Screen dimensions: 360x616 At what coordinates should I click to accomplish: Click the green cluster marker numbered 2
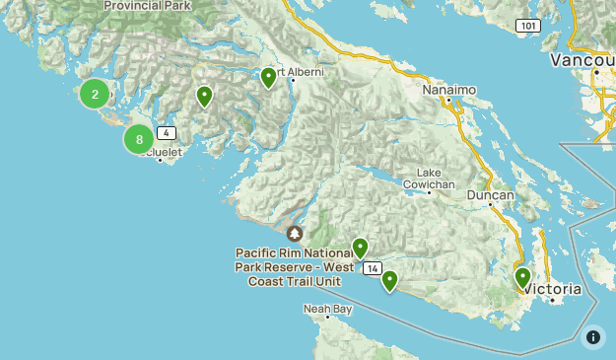point(95,94)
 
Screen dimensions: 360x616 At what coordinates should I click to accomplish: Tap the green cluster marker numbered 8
point(139,139)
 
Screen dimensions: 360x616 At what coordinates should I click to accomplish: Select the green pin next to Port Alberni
point(268,77)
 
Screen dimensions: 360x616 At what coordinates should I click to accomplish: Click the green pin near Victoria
point(522,278)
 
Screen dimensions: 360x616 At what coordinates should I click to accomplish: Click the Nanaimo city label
point(448,90)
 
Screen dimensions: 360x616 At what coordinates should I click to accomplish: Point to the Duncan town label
point(490,195)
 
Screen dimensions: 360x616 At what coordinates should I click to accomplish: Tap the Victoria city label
point(554,289)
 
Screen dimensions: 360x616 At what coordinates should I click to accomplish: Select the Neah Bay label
point(328,309)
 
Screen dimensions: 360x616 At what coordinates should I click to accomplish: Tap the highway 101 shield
point(528,26)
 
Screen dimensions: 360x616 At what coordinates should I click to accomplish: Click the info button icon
point(593,337)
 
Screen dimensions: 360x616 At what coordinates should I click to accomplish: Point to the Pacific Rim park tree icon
point(295,234)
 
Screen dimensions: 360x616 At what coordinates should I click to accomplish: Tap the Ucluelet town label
point(160,153)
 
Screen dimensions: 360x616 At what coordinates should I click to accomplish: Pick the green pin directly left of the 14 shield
point(360,248)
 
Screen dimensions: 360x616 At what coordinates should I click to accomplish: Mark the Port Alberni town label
point(301,72)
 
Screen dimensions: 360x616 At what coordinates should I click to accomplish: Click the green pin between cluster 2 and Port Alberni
point(204,96)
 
